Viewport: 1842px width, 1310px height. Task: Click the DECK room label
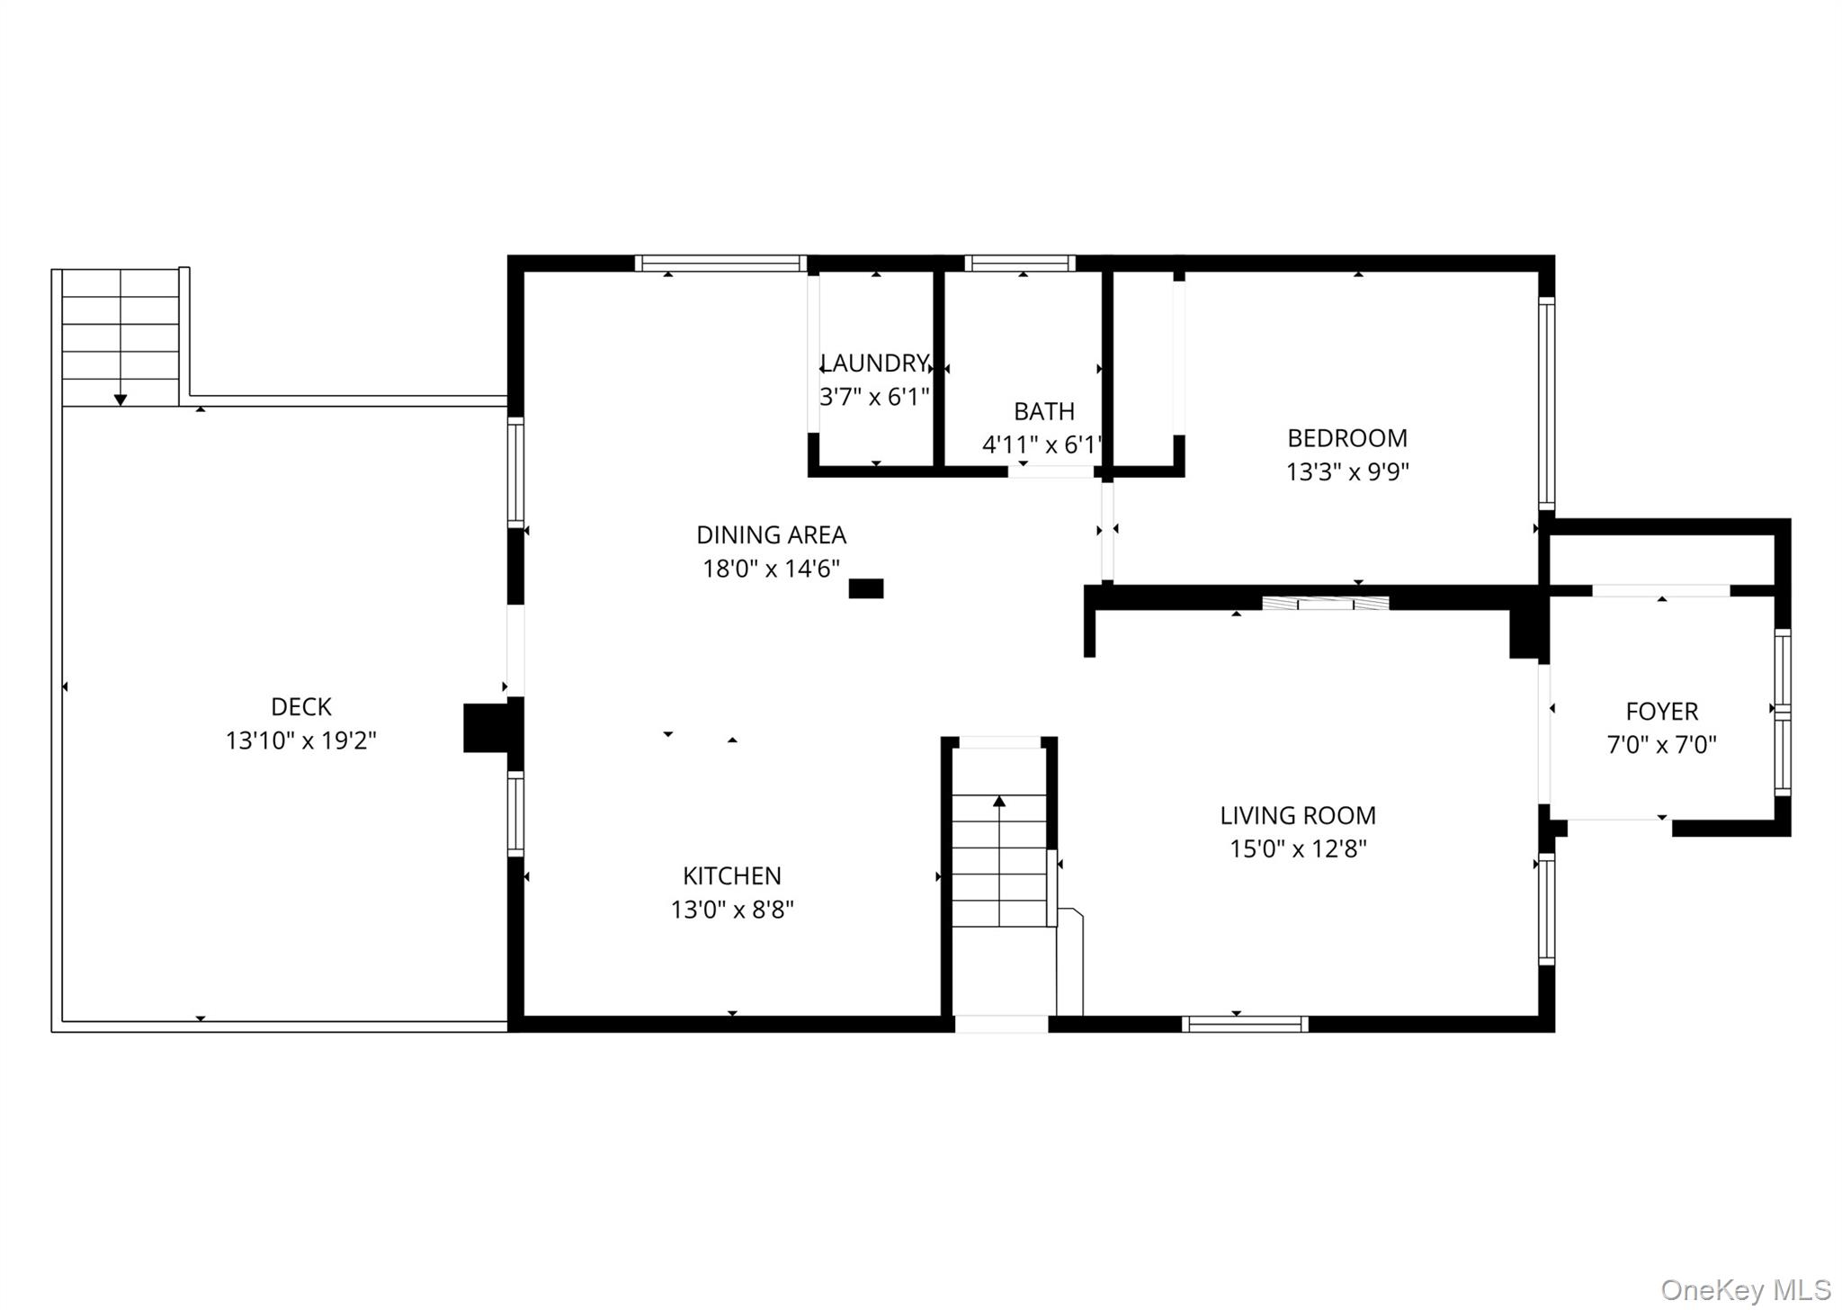[301, 707]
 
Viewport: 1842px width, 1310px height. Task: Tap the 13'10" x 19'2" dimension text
[300, 740]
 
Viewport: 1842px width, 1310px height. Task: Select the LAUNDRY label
[874, 363]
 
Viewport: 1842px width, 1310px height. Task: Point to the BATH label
[1044, 411]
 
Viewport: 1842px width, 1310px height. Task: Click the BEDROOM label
[1347, 438]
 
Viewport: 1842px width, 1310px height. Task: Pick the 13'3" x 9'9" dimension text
[1347, 471]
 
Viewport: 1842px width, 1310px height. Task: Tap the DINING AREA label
[771, 535]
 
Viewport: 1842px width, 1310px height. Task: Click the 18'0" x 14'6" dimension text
[771, 569]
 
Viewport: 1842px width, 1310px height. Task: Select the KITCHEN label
[732, 876]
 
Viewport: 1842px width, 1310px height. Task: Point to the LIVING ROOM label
[1298, 816]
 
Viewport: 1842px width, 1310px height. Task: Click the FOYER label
[1662, 712]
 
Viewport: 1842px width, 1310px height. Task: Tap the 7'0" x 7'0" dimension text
[1662, 745]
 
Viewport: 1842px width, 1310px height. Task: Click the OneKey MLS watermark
[1746, 1290]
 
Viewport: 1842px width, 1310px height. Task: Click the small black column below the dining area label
[866, 588]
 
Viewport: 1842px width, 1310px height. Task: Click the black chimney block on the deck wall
[486, 728]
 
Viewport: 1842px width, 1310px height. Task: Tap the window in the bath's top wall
[1020, 264]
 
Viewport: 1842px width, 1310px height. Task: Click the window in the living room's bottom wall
[1245, 1024]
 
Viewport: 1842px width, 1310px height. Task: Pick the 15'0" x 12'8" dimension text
[1298, 849]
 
